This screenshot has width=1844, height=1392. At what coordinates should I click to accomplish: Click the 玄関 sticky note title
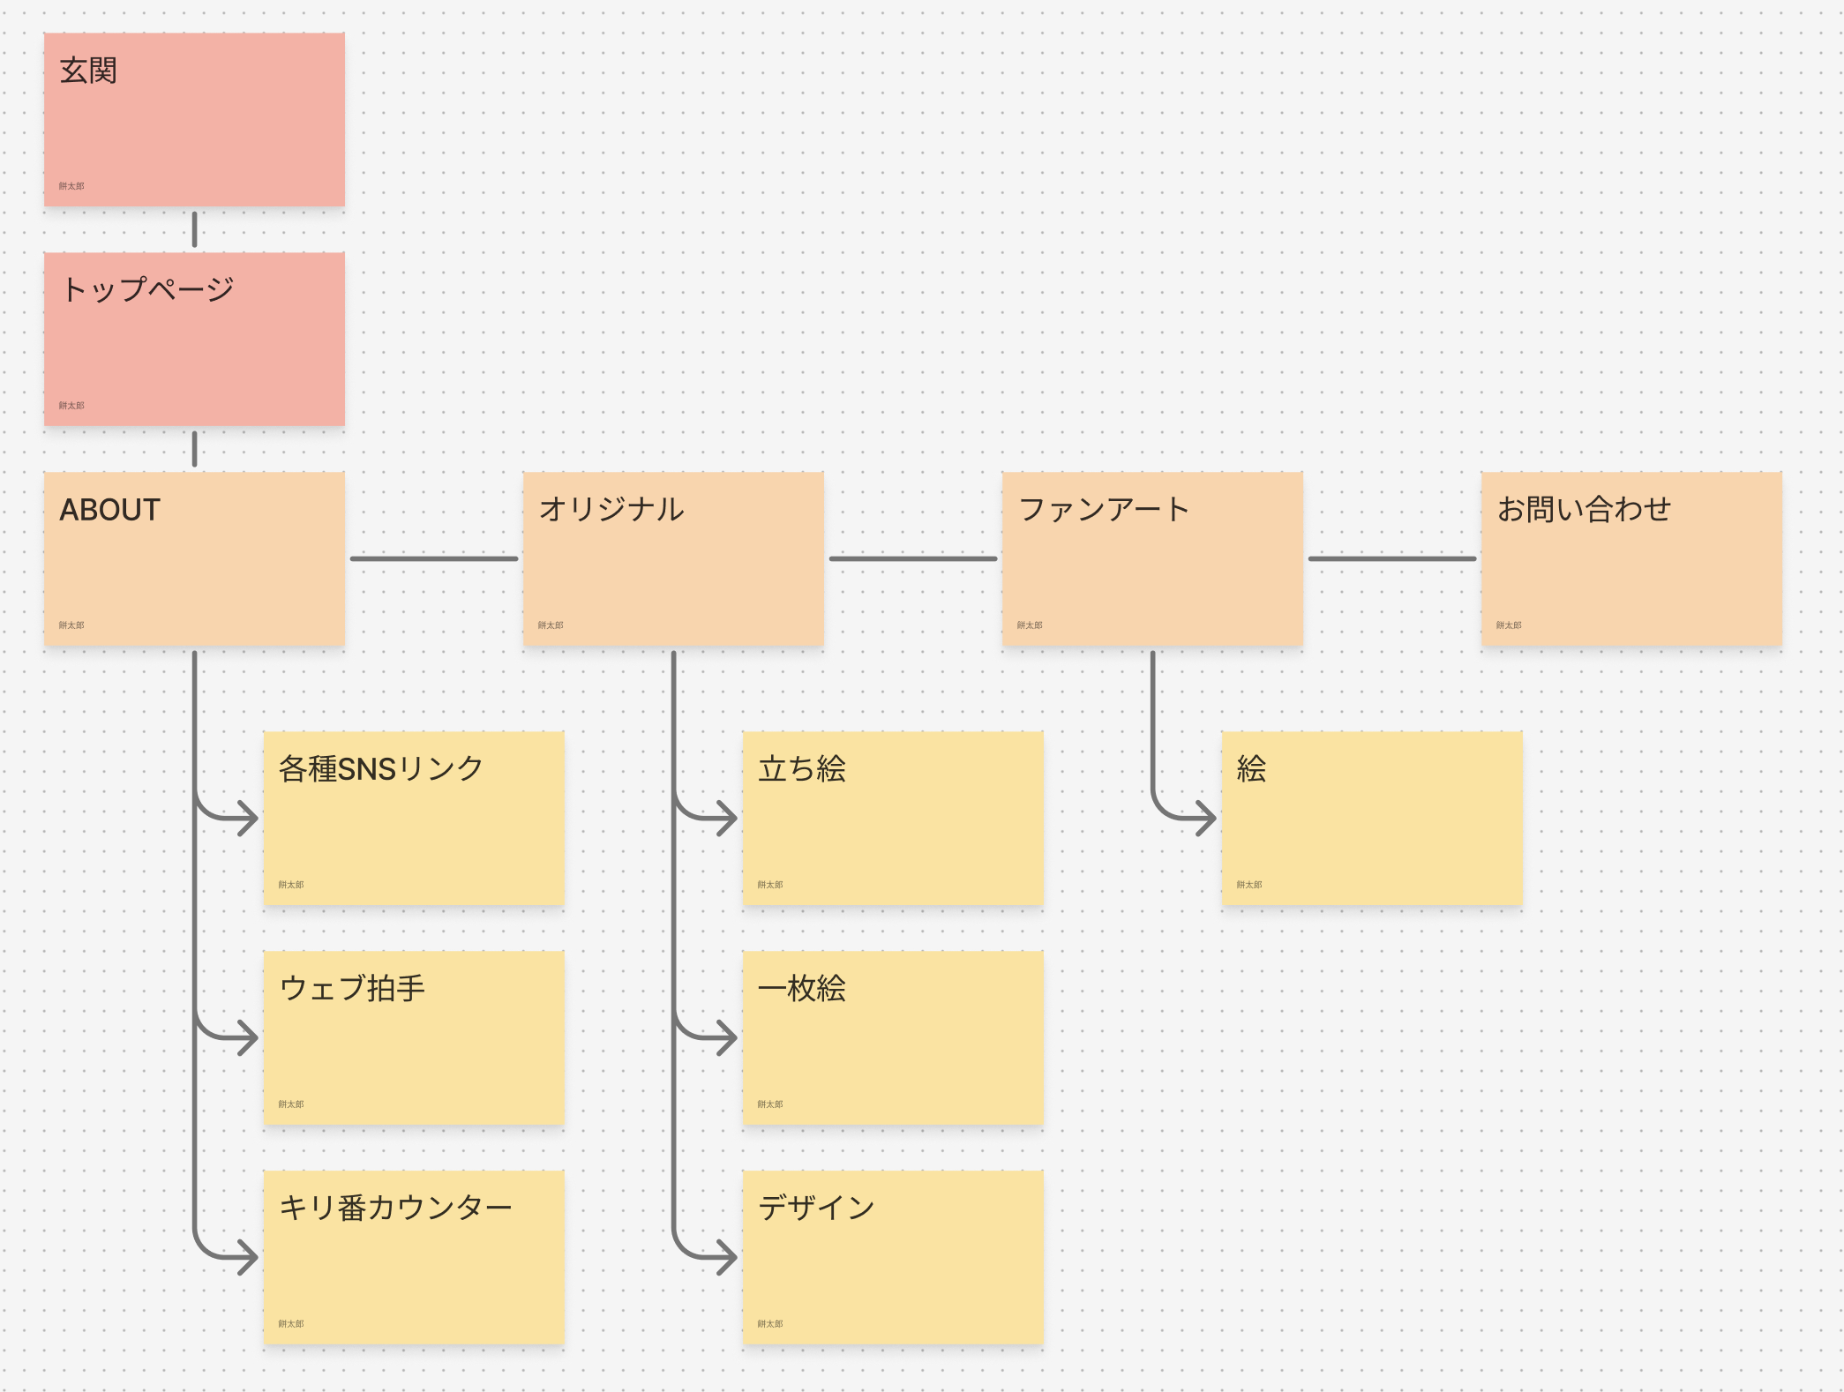[88, 71]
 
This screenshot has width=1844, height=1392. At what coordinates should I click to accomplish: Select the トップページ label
[147, 289]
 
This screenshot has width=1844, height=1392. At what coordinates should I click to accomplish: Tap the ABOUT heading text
[109, 510]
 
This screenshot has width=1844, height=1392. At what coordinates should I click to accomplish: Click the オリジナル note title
[611, 509]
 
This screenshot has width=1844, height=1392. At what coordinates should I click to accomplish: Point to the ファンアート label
[1104, 509]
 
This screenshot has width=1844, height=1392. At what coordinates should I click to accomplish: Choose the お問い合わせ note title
[1584, 509]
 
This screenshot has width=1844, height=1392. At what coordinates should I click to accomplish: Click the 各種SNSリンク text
[381, 768]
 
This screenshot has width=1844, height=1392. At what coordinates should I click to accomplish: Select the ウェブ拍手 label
[352, 988]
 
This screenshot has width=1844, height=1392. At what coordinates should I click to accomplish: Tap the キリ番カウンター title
[395, 1207]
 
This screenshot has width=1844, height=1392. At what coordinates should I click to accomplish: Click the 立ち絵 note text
[802, 768]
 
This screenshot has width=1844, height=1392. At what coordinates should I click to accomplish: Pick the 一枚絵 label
[802, 988]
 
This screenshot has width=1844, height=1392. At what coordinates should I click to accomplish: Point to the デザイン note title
[816, 1207]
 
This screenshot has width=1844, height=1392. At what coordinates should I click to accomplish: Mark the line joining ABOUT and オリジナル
[434, 558]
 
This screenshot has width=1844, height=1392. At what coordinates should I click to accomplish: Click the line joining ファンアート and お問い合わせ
[1392, 558]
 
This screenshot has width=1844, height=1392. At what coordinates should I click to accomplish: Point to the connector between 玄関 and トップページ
[194, 229]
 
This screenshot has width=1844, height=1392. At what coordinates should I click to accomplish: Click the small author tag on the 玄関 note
[71, 186]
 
